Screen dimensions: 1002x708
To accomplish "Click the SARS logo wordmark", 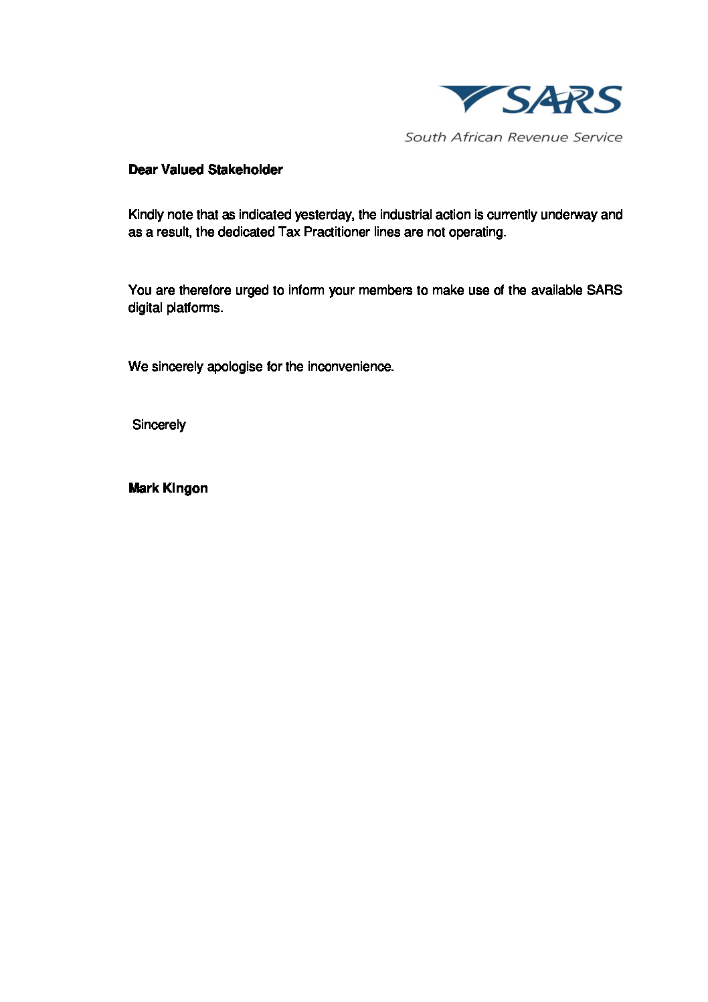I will [x=562, y=100].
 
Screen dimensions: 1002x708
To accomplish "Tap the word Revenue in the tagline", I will [x=537, y=137].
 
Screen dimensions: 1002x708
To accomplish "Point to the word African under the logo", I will [x=476, y=137].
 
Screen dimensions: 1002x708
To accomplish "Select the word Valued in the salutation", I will [x=183, y=170].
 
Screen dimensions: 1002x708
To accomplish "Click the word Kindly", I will [x=146, y=215].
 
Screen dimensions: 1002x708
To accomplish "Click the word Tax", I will [x=289, y=232].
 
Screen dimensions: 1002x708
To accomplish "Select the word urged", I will [x=252, y=290].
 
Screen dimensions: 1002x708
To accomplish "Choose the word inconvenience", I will [x=350, y=367].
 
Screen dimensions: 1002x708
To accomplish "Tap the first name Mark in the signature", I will [x=143, y=489].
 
